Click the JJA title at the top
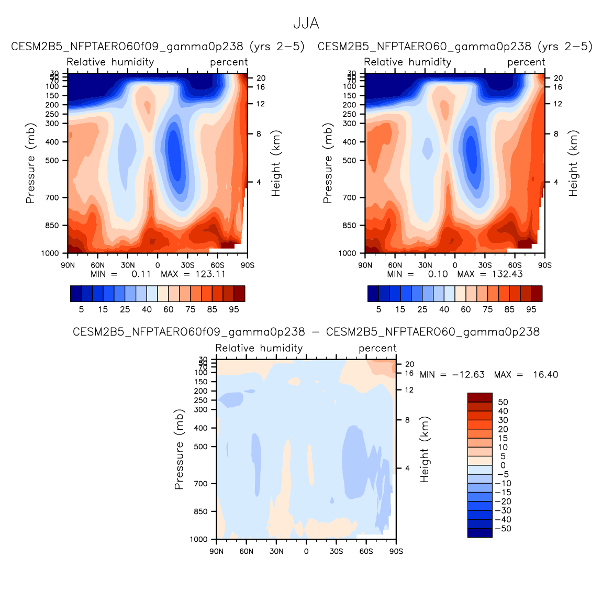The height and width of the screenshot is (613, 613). click(x=306, y=24)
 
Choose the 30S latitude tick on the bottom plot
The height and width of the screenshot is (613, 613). click(x=336, y=551)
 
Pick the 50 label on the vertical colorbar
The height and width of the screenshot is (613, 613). click(x=503, y=402)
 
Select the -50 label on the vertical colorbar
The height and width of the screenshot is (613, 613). click(x=503, y=529)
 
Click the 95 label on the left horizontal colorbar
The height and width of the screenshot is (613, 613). click(x=234, y=309)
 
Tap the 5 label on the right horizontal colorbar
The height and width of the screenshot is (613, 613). click(x=378, y=309)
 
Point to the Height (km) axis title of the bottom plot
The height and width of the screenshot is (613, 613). click(x=425, y=450)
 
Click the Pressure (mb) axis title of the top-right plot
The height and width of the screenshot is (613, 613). click(x=328, y=163)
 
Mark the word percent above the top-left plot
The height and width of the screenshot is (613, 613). click(x=229, y=62)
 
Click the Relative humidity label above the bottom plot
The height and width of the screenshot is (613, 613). click(x=259, y=348)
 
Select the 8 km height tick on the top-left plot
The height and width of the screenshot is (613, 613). click(x=258, y=134)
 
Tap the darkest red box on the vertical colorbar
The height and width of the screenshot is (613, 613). click(x=480, y=397)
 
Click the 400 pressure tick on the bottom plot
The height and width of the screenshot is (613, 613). click(x=202, y=428)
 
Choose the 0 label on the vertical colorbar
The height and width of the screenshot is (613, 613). click(x=503, y=465)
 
